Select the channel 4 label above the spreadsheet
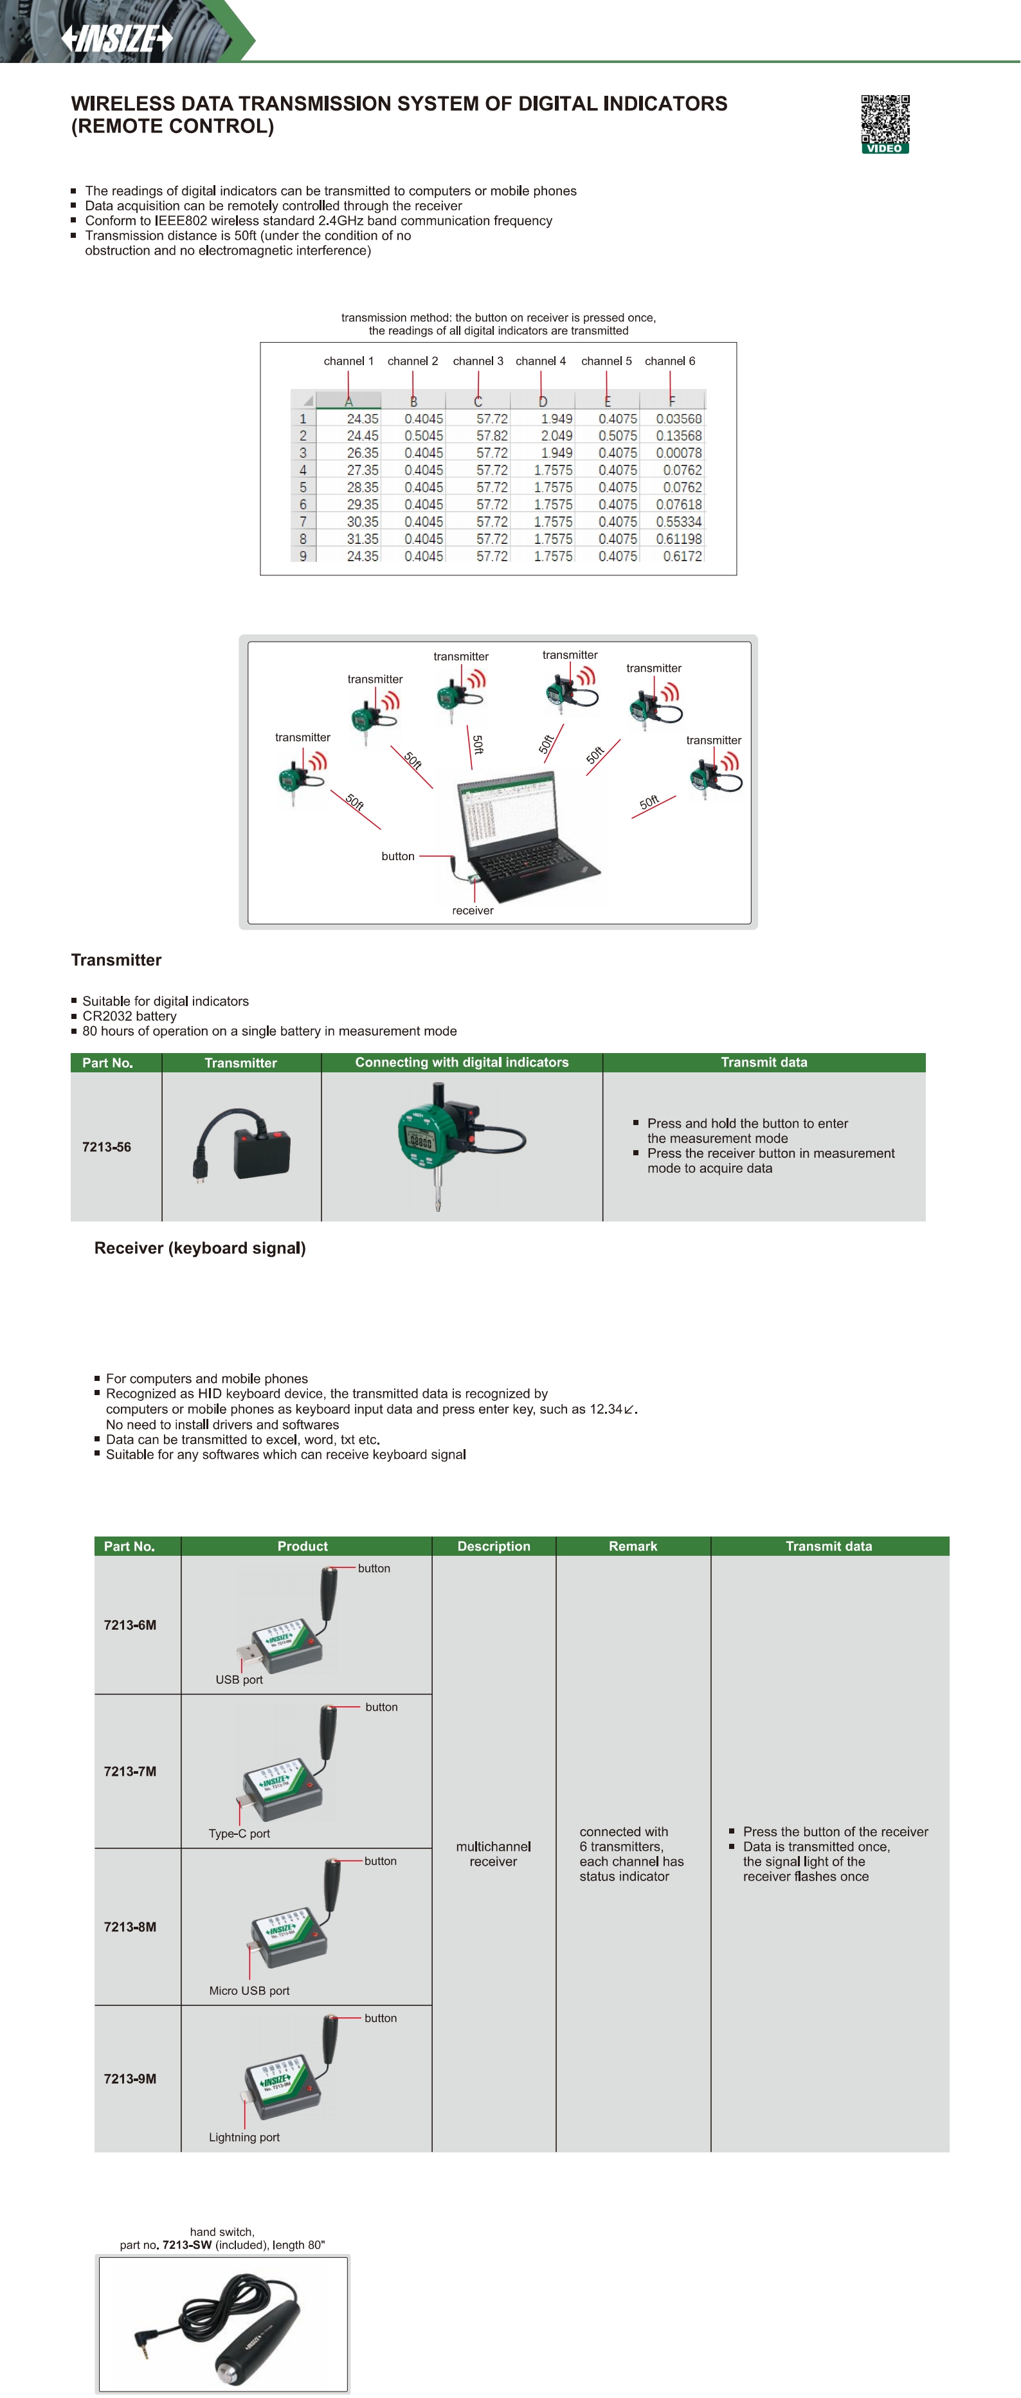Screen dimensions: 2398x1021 (540, 361)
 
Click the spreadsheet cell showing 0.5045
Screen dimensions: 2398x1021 (424, 436)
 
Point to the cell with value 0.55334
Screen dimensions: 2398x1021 (678, 522)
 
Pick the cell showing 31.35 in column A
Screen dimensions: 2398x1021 (362, 539)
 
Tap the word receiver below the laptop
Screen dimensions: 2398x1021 (472, 910)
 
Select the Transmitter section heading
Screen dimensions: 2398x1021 (116, 960)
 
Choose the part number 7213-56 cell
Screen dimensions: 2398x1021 (107, 1147)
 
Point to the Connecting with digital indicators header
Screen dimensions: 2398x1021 (462, 1062)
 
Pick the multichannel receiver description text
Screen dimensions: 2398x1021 (493, 1853)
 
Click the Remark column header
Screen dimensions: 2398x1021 (633, 1546)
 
